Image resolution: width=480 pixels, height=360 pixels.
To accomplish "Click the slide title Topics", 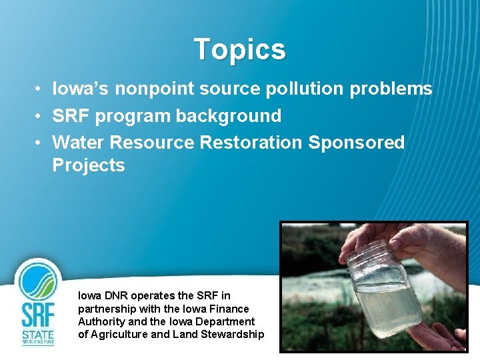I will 239,49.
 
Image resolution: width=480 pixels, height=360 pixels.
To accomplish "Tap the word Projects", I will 89,165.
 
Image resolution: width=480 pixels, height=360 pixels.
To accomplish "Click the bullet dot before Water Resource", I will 40,143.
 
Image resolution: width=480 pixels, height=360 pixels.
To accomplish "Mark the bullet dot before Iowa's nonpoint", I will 40,89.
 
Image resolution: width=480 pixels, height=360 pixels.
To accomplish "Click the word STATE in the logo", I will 38,334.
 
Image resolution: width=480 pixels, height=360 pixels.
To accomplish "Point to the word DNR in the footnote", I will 117,295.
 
